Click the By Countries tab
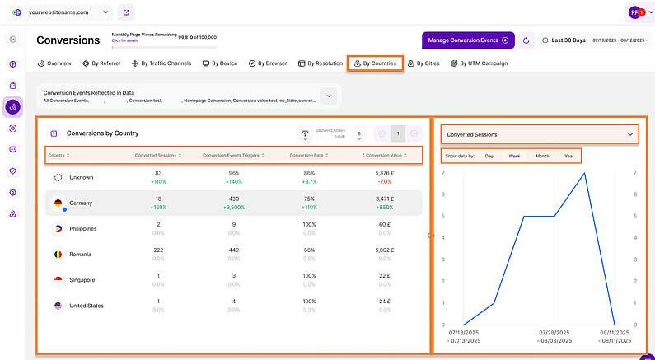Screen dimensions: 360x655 point(375,63)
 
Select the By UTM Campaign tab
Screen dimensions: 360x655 point(479,63)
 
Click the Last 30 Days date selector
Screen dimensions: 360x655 point(569,40)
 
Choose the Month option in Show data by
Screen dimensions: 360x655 point(541,156)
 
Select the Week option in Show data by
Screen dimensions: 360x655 point(514,156)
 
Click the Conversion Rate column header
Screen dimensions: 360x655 point(306,155)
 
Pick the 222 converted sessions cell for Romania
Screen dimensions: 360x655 point(158,250)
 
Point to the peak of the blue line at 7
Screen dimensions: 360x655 point(584,173)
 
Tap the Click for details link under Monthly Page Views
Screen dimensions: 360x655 point(125,40)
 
